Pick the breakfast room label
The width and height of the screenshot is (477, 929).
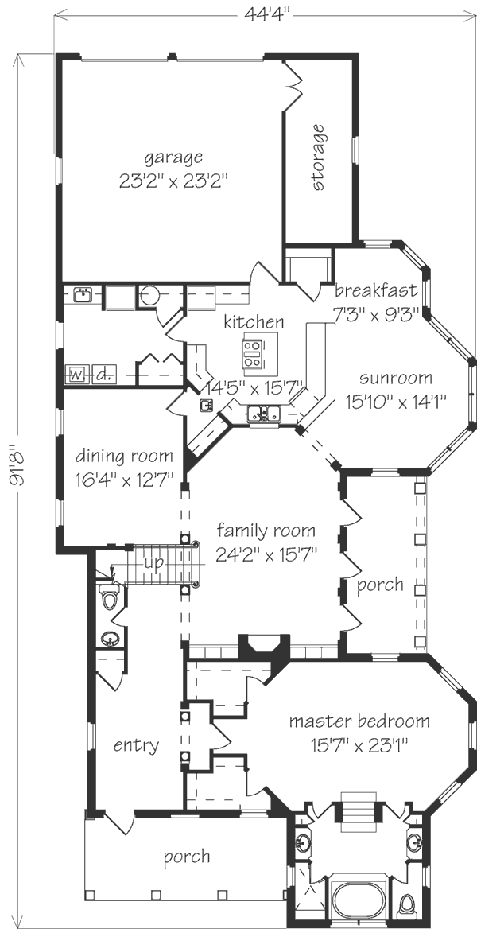(x=376, y=291)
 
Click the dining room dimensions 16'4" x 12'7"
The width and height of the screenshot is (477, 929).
(x=125, y=477)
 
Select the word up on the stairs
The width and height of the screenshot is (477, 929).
(x=154, y=563)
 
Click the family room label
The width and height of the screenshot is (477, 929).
(x=266, y=529)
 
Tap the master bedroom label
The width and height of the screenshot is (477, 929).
(x=359, y=721)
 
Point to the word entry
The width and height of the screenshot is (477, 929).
(x=136, y=744)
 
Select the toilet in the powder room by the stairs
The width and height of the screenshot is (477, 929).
(x=109, y=597)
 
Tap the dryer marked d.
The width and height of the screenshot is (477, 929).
(x=104, y=375)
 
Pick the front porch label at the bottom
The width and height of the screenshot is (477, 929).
(x=187, y=856)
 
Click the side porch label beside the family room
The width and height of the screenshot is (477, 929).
(x=380, y=585)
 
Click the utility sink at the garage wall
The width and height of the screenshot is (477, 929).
(x=82, y=294)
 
